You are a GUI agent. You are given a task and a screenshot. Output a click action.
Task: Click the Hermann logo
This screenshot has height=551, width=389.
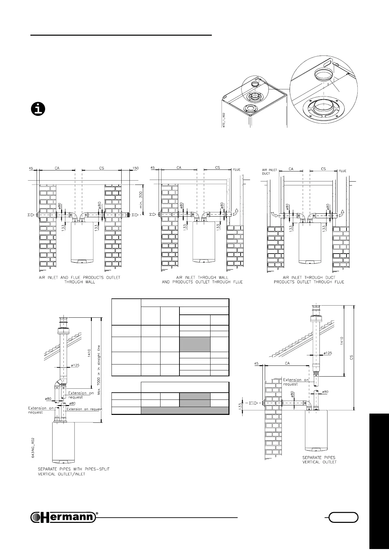click(x=63, y=517)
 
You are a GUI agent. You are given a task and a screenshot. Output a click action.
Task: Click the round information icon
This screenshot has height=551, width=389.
click(x=38, y=109)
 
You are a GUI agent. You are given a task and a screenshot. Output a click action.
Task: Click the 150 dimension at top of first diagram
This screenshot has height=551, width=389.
click(x=135, y=168)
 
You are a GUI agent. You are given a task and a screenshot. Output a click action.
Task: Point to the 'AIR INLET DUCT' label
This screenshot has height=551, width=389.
click(x=269, y=172)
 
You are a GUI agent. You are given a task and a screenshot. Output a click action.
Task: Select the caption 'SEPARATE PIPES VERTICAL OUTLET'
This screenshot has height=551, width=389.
click(x=319, y=460)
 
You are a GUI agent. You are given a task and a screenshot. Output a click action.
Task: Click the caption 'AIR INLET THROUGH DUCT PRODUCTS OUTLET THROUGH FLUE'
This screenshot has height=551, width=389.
click(x=309, y=279)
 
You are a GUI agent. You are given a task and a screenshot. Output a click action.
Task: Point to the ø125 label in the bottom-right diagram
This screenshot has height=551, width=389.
click(x=328, y=353)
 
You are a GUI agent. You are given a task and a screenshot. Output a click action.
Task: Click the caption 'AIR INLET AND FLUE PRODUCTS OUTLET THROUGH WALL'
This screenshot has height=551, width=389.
click(x=78, y=279)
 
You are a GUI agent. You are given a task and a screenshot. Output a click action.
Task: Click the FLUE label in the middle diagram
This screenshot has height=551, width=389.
click(x=236, y=169)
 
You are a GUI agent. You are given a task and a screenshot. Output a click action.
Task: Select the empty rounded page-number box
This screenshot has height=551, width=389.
click(x=343, y=517)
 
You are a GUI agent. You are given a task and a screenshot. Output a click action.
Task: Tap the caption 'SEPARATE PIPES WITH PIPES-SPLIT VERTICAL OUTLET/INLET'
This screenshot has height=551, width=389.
click(x=74, y=471)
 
